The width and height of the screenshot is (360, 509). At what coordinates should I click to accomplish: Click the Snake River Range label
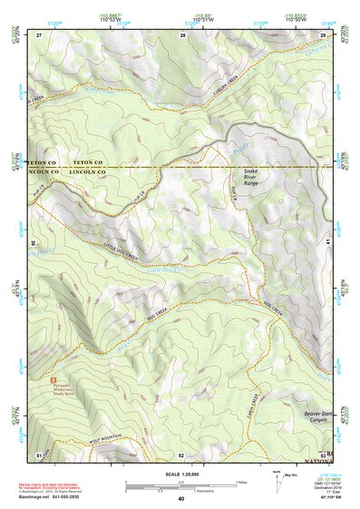[250, 177]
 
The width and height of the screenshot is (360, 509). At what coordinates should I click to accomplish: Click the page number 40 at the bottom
[180, 498]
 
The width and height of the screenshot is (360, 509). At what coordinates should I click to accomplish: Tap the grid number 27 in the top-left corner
[39, 34]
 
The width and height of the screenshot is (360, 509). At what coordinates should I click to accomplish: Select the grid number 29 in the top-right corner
[323, 34]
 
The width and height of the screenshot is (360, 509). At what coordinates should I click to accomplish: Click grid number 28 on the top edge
[182, 34]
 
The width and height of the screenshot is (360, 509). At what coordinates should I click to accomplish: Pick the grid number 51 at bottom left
[39, 454]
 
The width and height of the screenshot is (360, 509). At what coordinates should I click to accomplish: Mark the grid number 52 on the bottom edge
[181, 454]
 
